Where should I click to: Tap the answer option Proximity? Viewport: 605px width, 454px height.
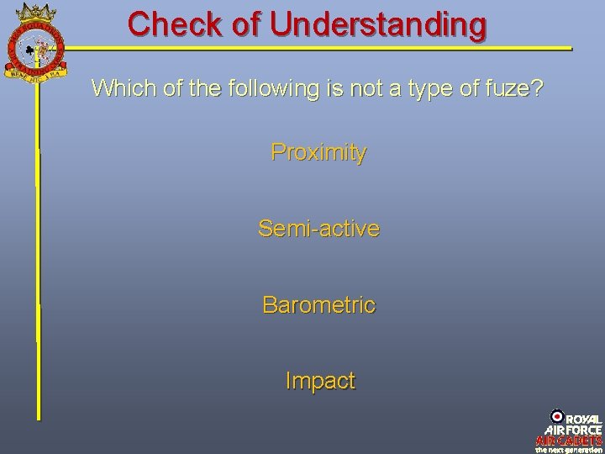click(x=318, y=153)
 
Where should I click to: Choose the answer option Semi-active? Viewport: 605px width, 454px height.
click(x=318, y=228)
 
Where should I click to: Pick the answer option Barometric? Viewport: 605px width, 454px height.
click(x=318, y=304)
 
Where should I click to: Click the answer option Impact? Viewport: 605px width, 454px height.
click(x=320, y=381)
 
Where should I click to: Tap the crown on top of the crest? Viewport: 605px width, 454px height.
click(x=35, y=12)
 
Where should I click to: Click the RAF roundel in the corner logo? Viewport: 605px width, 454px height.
click(x=557, y=416)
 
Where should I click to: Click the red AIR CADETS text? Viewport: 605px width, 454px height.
click(x=569, y=440)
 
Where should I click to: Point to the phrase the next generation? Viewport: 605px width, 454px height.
click(x=569, y=449)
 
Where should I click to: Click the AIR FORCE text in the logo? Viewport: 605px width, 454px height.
click(x=573, y=429)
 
